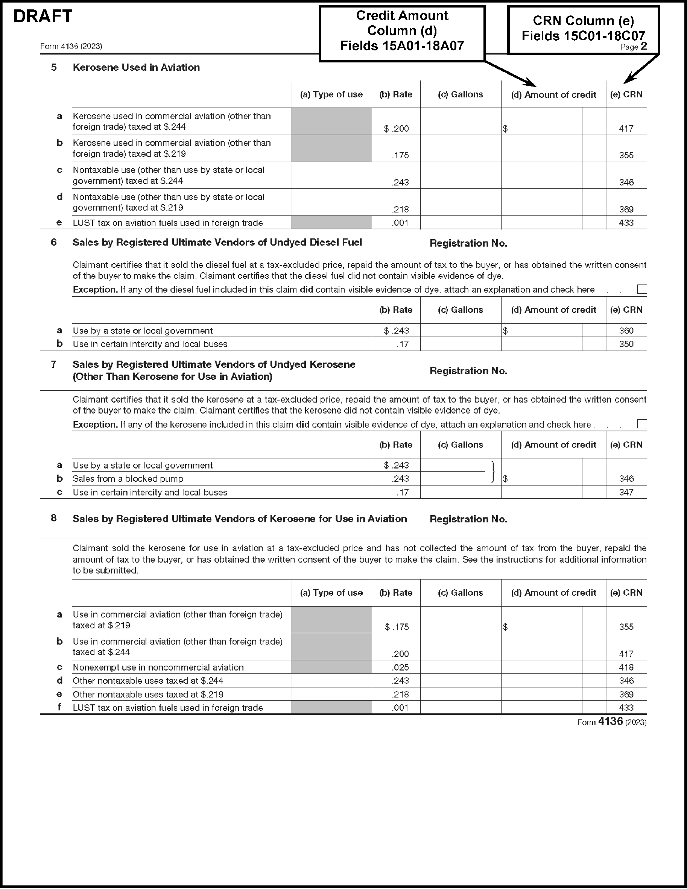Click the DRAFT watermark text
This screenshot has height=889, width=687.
pyautogui.click(x=43, y=16)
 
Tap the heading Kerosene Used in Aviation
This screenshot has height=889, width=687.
pyautogui.click(x=136, y=68)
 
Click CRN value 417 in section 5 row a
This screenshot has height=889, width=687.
pyautogui.click(x=626, y=129)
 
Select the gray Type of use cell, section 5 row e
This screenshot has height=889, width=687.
pyautogui.click(x=331, y=223)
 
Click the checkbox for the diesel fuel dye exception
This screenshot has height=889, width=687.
pyautogui.click(x=642, y=290)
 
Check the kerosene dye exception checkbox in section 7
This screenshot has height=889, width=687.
pyautogui.click(x=642, y=424)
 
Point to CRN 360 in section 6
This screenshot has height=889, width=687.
pyautogui.click(x=626, y=331)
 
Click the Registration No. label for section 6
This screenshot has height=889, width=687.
pyautogui.click(x=468, y=243)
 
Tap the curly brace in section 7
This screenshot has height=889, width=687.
pyautogui.click(x=493, y=472)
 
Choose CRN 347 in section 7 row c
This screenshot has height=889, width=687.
pyautogui.click(x=626, y=493)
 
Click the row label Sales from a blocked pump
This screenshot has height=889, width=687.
pyautogui.click(x=128, y=479)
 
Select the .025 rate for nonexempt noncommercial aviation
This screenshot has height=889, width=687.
pyautogui.click(x=400, y=668)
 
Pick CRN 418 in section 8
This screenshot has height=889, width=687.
pyautogui.click(x=626, y=668)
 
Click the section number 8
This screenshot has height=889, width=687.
pyautogui.click(x=53, y=518)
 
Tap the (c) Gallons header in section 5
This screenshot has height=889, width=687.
pyautogui.click(x=460, y=94)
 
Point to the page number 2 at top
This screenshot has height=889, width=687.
pyautogui.click(x=643, y=46)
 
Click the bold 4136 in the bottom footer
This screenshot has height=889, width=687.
pyautogui.click(x=611, y=722)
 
